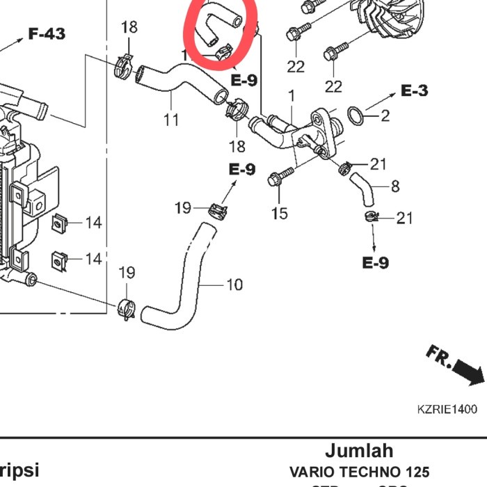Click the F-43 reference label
click(x=47, y=33)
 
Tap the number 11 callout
click(x=171, y=119)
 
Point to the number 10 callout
click(x=234, y=284)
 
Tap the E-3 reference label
click(x=415, y=90)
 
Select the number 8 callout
click(x=395, y=186)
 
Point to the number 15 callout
click(x=279, y=213)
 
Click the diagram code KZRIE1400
click(x=447, y=409)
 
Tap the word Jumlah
click(x=359, y=450)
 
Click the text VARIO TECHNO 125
click(x=359, y=471)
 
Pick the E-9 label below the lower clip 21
click(x=375, y=262)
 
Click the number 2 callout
click(x=385, y=115)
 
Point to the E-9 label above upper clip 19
click(x=242, y=169)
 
